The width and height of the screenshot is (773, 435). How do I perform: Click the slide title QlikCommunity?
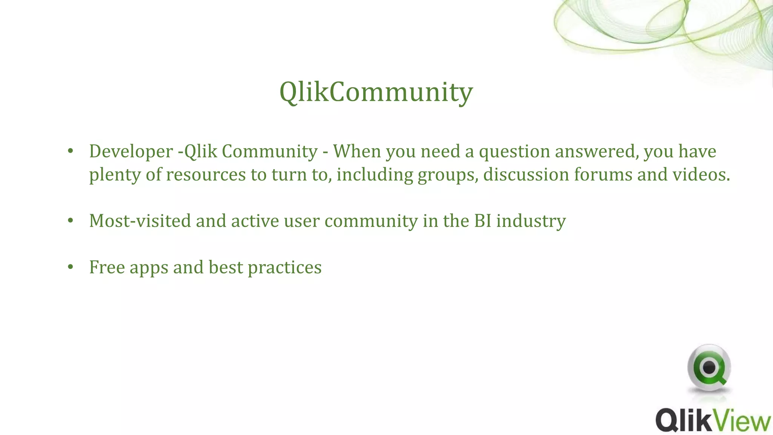[x=376, y=92]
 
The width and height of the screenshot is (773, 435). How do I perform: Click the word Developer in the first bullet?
[x=131, y=152]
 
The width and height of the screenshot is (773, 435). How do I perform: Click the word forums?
[x=603, y=175]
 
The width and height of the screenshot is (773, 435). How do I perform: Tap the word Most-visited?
[x=140, y=221]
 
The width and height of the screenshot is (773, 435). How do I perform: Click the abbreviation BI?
[x=483, y=221]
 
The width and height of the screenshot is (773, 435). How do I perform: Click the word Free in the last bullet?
[x=107, y=267]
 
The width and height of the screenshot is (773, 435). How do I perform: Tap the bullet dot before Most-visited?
[x=70, y=221]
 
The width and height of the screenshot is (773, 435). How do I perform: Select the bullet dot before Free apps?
[x=70, y=267]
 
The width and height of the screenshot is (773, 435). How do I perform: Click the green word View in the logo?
[x=741, y=420]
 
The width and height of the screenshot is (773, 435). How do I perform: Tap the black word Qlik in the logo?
[x=683, y=420]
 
